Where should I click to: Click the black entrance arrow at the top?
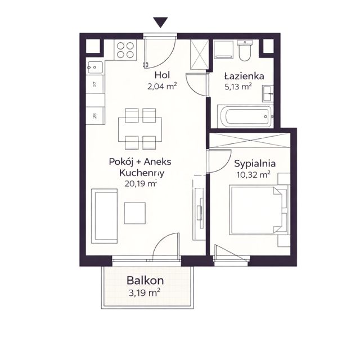pyautogui.click(x=160, y=22)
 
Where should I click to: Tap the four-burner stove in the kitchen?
pyautogui.click(x=125, y=50)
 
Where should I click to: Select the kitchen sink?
pyautogui.click(x=95, y=67)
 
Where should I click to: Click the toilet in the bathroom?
pyautogui.click(x=245, y=50)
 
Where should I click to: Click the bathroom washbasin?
pyautogui.click(x=268, y=93)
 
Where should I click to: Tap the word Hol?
pyautogui.click(x=162, y=75)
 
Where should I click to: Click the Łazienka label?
pyautogui.click(x=244, y=76)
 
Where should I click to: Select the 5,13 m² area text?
pyautogui.click(x=238, y=87)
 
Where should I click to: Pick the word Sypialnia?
pyautogui.click(x=255, y=164)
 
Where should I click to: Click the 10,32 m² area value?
pyautogui.click(x=254, y=175)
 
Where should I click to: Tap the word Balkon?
pyautogui.click(x=145, y=280)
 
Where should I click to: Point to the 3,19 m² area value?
pyautogui.click(x=145, y=292)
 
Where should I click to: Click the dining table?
pyautogui.click(x=140, y=129)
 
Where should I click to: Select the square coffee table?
pyautogui.click(x=135, y=213)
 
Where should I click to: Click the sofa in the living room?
pyautogui.click(x=105, y=216)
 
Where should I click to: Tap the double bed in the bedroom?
pyautogui.click(x=259, y=210)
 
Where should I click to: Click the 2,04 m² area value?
pyautogui.click(x=162, y=87)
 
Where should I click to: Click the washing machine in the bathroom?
pyautogui.click(x=224, y=50)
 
